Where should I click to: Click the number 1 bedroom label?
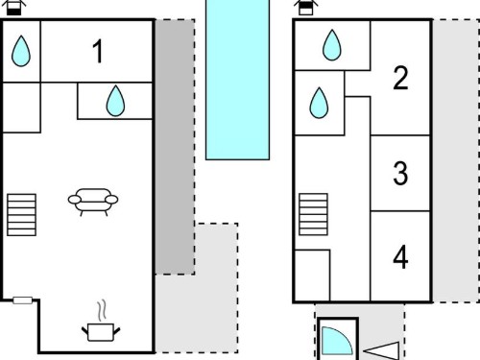click(x=98, y=51)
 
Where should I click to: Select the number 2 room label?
click(x=400, y=78)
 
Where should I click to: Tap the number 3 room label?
click(x=400, y=173)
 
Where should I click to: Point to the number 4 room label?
click(x=400, y=256)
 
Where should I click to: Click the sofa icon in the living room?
click(x=93, y=202)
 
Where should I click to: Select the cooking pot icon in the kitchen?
click(x=101, y=332)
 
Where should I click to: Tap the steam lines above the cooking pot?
click(x=102, y=310)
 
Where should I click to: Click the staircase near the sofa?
click(x=21, y=215)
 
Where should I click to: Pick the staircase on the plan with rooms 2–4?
click(x=313, y=214)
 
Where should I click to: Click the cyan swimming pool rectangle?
click(x=237, y=79)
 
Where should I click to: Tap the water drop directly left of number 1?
click(x=21, y=51)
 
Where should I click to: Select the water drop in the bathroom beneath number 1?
click(x=115, y=101)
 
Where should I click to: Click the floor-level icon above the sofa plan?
click(x=13, y=8)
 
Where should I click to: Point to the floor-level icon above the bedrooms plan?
click(x=306, y=8)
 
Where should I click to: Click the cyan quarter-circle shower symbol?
click(x=335, y=342)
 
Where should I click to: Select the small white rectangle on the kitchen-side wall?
click(x=22, y=300)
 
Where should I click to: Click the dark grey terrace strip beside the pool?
click(x=175, y=147)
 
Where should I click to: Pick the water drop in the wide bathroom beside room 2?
click(x=332, y=45)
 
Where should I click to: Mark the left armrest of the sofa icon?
click(x=75, y=200)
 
